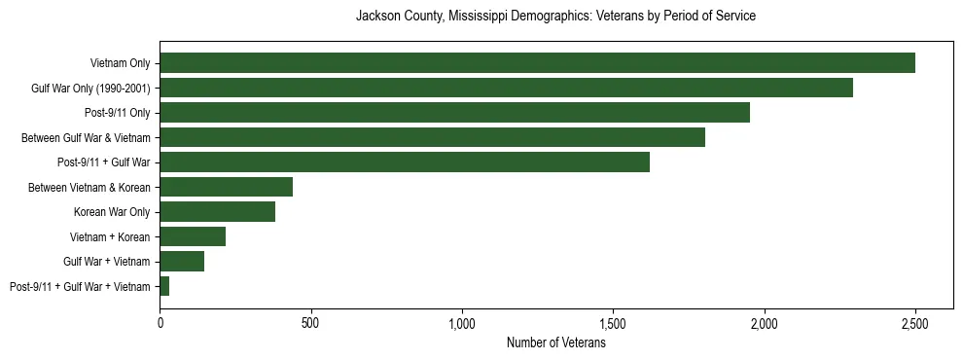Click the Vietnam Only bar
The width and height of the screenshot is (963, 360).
tap(537, 63)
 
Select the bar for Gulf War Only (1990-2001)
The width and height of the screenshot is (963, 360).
tap(506, 88)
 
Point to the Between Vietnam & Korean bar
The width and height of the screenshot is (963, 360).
tap(226, 187)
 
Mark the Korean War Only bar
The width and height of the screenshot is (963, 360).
tap(217, 212)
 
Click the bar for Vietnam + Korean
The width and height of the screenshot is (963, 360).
tap(193, 236)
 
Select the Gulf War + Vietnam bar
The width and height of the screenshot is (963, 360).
tap(182, 261)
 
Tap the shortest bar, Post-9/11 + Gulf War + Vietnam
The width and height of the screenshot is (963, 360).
tap(164, 286)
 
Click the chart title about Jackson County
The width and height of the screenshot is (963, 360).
tap(555, 17)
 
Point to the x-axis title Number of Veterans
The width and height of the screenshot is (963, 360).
tap(555, 343)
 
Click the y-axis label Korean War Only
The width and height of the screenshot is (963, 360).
tap(112, 212)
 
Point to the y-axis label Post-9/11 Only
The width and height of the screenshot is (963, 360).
tap(118, 113)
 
